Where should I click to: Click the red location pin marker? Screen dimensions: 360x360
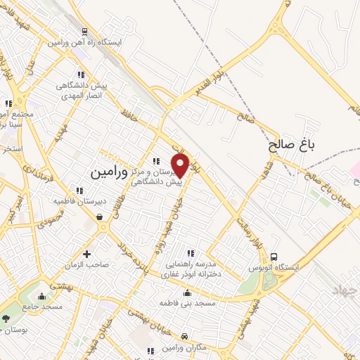[181, 165]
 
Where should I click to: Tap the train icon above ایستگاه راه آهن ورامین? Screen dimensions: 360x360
[84, 32]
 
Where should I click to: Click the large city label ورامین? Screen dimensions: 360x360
[110, 171]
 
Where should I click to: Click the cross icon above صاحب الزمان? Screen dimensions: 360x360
[87, 254]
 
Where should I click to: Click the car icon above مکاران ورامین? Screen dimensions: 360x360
[184, 337]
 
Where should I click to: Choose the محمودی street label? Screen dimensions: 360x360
[37, 217]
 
